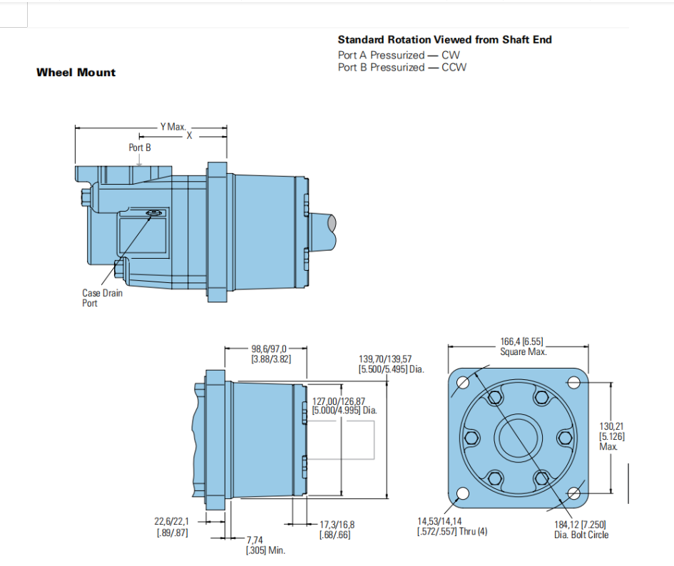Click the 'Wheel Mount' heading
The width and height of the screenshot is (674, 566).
click(x=76, y=72)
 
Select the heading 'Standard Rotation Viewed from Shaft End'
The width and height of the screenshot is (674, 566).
click(x=444, y=39)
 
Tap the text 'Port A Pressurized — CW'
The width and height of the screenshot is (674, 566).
click(x=399, y=55)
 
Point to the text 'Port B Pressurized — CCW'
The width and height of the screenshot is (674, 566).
click(x=402, y=67)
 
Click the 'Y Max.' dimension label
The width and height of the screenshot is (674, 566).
click(x=173, y=127)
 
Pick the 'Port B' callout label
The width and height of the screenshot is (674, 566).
click(x=140, y=148)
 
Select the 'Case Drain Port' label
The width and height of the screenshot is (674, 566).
click(x=102, y=298)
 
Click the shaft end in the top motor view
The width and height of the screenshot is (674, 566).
click(x=322, y=232)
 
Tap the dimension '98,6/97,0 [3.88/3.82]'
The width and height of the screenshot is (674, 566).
click(x=271, y=354)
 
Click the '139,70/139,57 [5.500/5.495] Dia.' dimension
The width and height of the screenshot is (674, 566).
click(x=391, y=364)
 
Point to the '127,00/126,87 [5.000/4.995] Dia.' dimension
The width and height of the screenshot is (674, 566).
click(x=344, y=406)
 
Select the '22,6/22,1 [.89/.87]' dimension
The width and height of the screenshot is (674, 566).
click(x=172, y=527)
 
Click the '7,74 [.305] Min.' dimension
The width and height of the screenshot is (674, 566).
click(x=265, y=545)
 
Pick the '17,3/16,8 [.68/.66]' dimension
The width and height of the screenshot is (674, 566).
click(x=337, y=530)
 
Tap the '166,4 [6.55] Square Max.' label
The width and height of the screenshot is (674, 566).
click(x=523, y=346)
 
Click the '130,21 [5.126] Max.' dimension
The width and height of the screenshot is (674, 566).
click(x=612, y=436)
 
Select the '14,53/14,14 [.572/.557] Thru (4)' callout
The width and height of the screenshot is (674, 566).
click(x=452, y=526)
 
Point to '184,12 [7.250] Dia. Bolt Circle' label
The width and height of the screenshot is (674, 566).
click(x=581, y=530)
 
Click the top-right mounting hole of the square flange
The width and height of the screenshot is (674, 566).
click(x=574, y=382)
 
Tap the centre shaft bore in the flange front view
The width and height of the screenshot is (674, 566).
click(x=518, y=438)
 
